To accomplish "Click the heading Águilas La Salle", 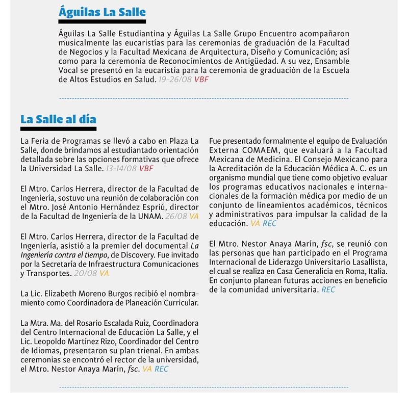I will point(101,12).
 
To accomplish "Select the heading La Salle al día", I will point(58,119).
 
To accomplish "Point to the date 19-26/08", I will point(175,80).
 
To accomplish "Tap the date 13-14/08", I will point(121,168).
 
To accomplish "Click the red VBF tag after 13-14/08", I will point(146,168).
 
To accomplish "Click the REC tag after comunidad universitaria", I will point(328,290).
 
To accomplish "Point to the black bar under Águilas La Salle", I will point(101,22).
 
